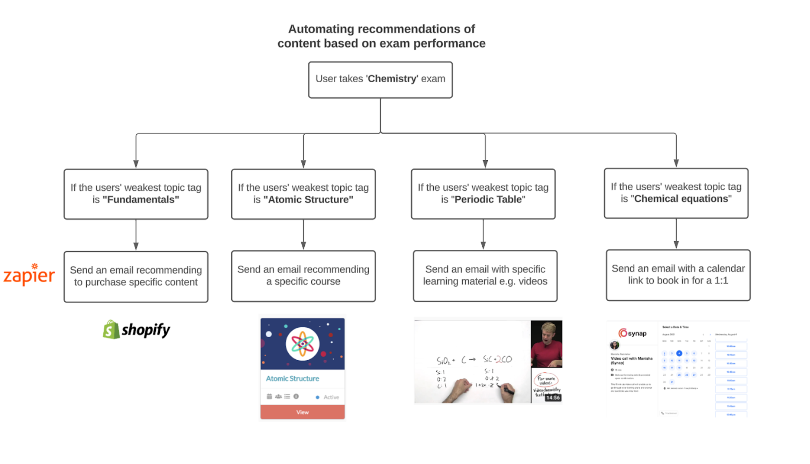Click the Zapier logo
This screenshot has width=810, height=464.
click(29, 275)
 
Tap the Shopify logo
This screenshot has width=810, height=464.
click(136, 330)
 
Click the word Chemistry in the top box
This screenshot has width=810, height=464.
click(392, 79)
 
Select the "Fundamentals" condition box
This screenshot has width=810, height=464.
click(136, 194)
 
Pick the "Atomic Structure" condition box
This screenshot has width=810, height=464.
click(303, 194)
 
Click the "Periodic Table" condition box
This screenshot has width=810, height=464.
click(483, 194)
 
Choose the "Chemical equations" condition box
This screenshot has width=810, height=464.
click(676, 193)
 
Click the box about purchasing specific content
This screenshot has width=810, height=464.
click(136, 276)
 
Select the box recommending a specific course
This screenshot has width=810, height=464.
click(303, 275)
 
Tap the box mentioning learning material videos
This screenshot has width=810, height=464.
click(485, 275)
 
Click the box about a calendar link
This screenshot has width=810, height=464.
click(678, 275)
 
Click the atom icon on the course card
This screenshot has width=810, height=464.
click(303, 344)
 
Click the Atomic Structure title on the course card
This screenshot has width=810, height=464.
click(292, 378)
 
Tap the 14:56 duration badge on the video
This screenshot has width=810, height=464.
click(553, 398)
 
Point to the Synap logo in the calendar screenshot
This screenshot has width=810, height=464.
click(632, 333)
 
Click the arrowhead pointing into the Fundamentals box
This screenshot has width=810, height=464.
click(136, 164)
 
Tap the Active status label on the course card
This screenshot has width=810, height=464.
click(331, 397)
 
